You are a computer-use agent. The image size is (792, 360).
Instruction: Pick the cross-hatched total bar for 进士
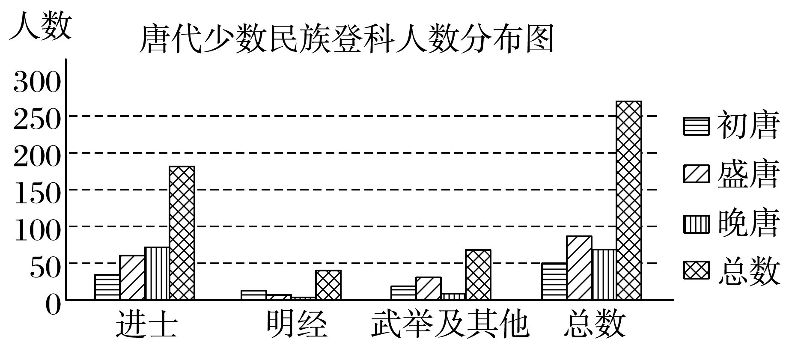point(182,233)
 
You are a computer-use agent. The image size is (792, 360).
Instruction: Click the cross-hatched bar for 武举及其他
point(478,274)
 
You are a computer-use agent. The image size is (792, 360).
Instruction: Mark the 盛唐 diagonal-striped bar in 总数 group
point(579,268)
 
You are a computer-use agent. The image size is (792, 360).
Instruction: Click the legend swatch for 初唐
point(696,126)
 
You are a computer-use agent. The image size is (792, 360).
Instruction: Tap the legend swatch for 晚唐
point(696,224)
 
